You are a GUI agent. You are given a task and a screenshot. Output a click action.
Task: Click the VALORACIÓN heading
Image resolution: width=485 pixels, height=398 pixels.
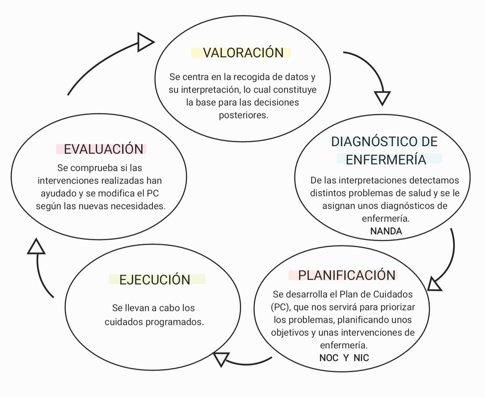coord(243,53)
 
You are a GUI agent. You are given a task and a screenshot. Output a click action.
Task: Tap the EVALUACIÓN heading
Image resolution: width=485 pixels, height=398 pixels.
coord(103,149)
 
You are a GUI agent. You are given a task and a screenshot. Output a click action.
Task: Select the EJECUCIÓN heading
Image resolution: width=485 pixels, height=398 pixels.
coord(155,280)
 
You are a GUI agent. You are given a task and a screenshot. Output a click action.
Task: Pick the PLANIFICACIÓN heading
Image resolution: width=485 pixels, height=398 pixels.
coord(347,275)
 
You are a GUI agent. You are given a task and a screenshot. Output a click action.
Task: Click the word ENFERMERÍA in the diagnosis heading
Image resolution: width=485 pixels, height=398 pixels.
coord(386,160)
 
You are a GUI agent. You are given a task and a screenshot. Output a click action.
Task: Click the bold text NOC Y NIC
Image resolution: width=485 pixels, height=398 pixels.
coord(344,358)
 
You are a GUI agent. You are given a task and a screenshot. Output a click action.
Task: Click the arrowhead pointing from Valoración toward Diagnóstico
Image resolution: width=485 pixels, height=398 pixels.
coord(382,97)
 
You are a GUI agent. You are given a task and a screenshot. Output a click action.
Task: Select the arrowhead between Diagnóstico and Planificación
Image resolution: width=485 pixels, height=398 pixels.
coord(434,284)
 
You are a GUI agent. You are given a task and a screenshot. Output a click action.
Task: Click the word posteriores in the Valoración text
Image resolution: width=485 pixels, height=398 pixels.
coord(244,115)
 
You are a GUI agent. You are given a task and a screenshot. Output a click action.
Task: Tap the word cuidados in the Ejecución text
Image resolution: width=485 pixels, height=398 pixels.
coord(123,322)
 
